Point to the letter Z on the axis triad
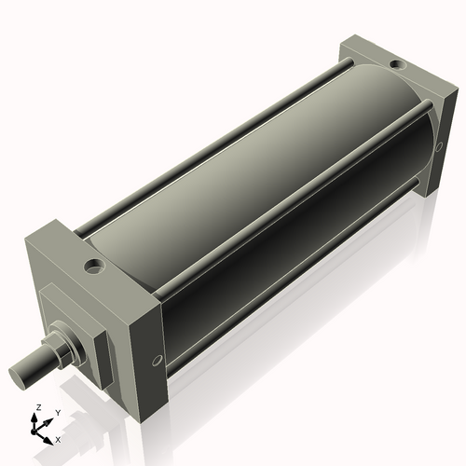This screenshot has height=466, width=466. pyautogui.click(x=37, y=408)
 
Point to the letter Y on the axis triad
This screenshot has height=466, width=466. pyautogui.click(x=57, y=412)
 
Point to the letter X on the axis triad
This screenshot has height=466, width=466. pyautogui.click(x=58, y=437)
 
